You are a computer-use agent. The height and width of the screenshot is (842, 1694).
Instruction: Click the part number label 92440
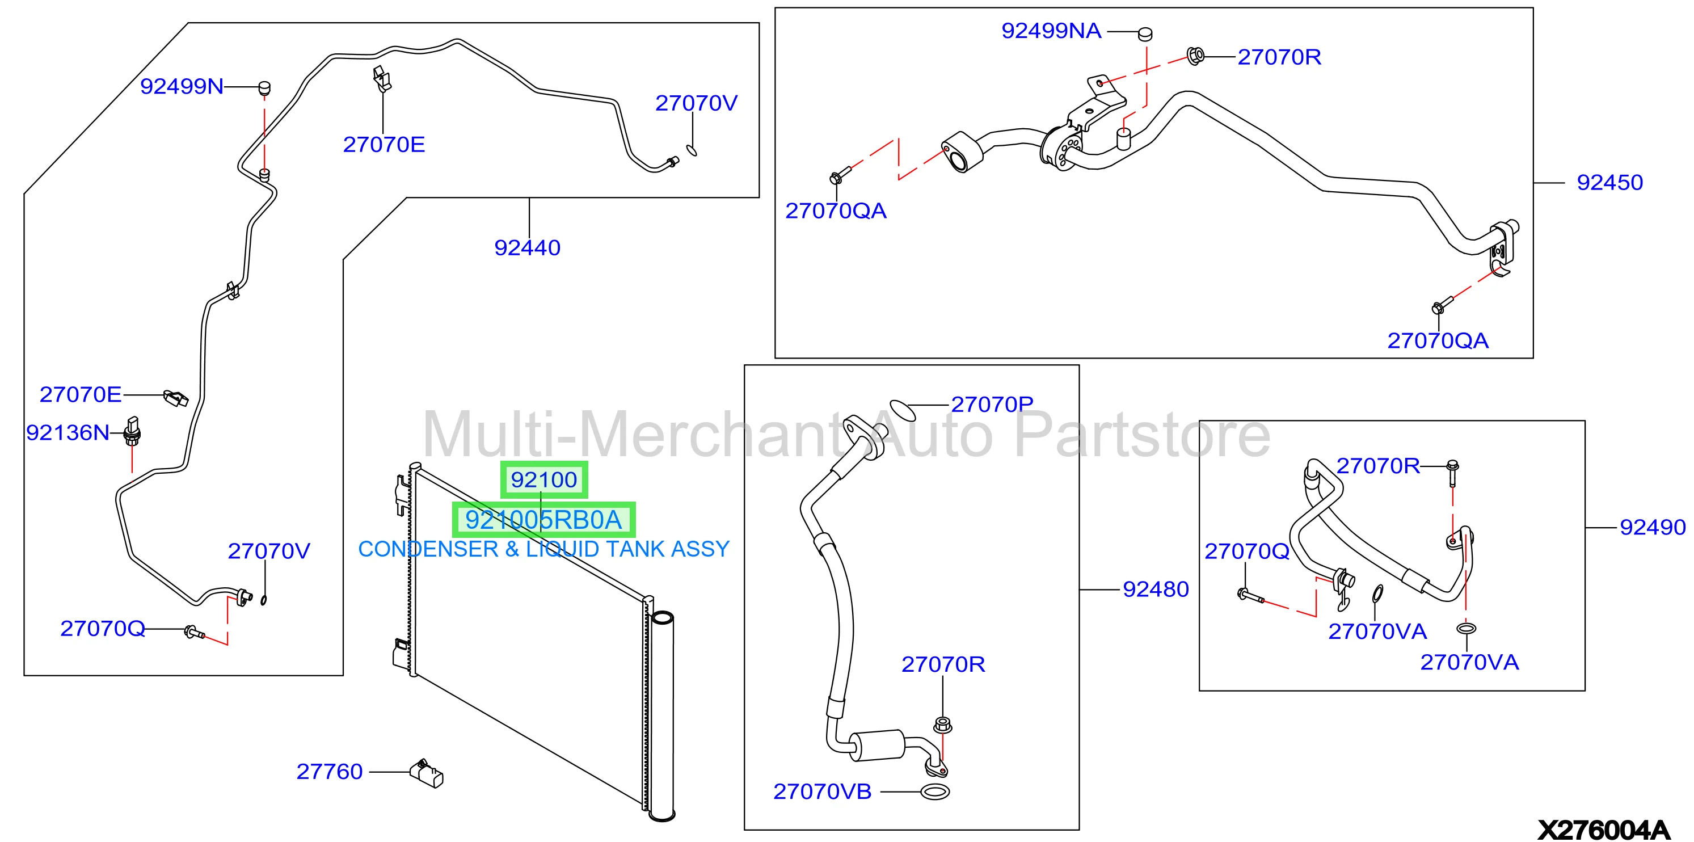tap(528, 248)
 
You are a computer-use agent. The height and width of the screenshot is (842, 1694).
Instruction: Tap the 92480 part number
tap(1156, 590)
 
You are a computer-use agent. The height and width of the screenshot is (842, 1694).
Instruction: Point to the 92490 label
tap(1652, 528)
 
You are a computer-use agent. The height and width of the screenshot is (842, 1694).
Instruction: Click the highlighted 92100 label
tap(544, 479)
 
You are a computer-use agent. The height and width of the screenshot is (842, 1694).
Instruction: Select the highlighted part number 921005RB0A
tap(543, 520)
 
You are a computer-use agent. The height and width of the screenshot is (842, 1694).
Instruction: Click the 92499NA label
tap(1051, 31)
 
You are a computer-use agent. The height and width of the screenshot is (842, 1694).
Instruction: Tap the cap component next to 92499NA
tap(1145, 33)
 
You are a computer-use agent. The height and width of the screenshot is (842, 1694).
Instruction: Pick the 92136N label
tap(68, 433)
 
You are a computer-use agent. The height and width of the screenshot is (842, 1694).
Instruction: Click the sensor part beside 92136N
tap(132, 430)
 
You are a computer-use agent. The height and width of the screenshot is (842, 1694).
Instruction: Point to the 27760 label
tap(330, 772)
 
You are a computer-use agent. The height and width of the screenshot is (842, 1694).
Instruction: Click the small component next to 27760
tap(426, 773)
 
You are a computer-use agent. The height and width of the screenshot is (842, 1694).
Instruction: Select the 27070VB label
tap(822, 792)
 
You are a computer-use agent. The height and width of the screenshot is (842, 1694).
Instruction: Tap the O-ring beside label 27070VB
tap(935, 792)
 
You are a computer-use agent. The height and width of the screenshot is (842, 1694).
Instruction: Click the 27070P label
tap(992, 405)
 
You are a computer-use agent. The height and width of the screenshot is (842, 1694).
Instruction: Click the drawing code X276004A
tap(1603, 830)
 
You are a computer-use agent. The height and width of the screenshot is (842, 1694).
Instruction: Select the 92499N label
tap(182, 86)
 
